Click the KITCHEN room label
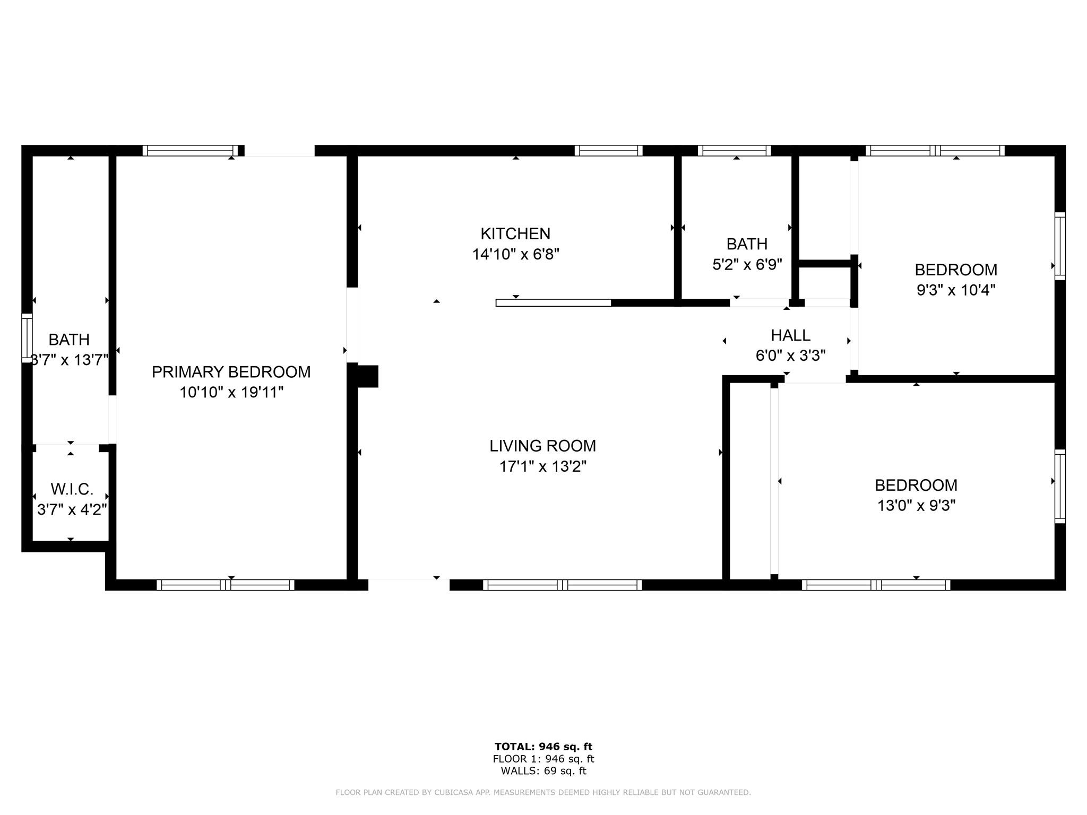pyautogui.click(x=515, y=233)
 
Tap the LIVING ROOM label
pyautogui.click(x=542, y=446)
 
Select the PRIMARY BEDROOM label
pyautogui.click(x=231, y=372)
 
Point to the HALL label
pyautogui.click(x=790, y=335)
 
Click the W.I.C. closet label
pyautogui.click(x=72, y=489)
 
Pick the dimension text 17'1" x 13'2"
pyautogui.click(x=542, y=466)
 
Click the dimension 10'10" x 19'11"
pyautogui.click(x=231, y=393)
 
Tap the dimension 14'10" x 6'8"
pyautogui.click(x=516, y=254)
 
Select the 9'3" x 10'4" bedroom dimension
pyautogui.click(x=956, y=290)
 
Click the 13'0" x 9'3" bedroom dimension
pyautogui.click(x=916, y=506)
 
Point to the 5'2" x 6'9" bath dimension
pyautogui.click(x=747, y=264)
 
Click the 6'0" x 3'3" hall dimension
pyautogui.click(x=790, y=356)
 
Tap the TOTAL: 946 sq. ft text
pyautogui.click(x=543, y=747)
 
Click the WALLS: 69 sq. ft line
pyautogui.click(x=543, y=771)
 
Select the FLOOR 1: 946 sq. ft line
pyautogui.click(x=543, y=759)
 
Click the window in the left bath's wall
pyautogui.click(x=27, y=338)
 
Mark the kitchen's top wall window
pyautogui.click(x=608, y=151)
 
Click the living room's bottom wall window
pyautogui.click(x=563, y=585)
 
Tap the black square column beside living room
pyautogui.click(x=367, y=376)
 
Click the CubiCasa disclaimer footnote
pyautogui.click(x=543, y=793)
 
